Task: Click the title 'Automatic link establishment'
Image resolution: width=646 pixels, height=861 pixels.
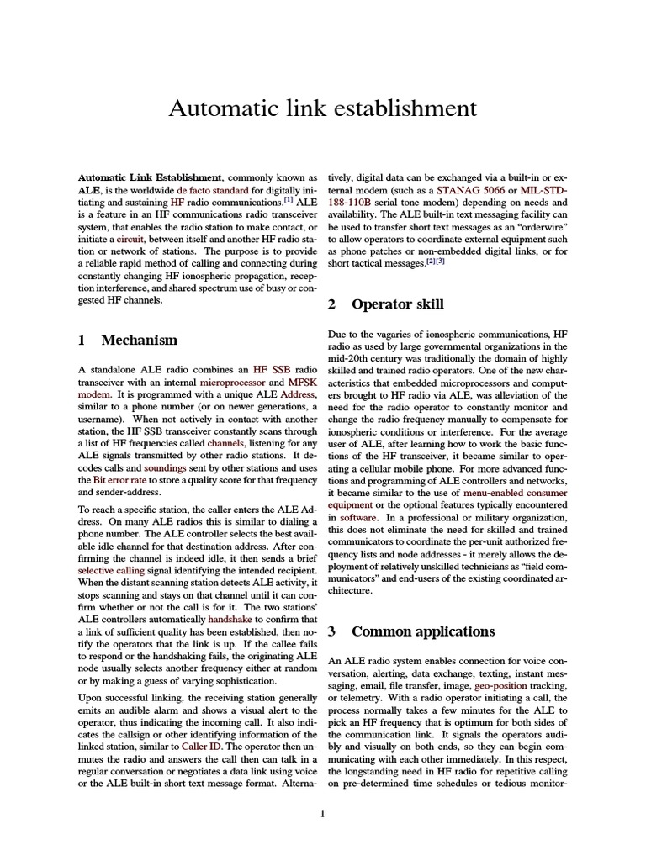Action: (323, 108)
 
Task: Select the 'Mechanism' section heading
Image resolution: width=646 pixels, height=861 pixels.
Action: (139, 341)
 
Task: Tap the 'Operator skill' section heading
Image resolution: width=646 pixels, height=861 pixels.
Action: (397, 304)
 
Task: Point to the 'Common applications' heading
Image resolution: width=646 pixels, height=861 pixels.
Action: (422, 631)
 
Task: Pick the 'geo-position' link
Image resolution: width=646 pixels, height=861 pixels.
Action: (503, 686)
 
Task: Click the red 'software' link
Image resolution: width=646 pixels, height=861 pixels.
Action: (358, 517)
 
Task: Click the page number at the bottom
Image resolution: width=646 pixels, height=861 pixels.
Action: (323, 813)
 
